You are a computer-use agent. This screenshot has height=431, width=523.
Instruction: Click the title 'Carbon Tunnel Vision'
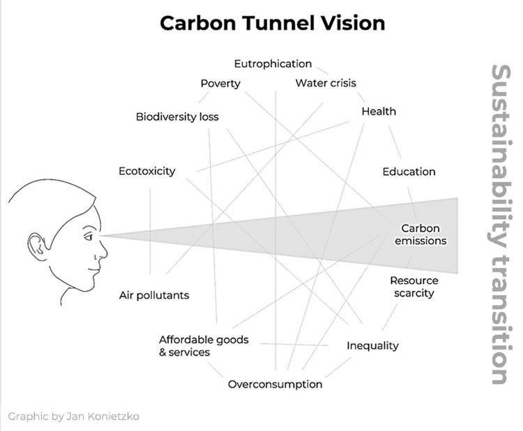272,23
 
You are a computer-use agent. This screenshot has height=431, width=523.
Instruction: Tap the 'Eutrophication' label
273,63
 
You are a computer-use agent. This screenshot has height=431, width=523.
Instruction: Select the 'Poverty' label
220,84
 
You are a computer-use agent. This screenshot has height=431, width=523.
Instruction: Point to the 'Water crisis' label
326,83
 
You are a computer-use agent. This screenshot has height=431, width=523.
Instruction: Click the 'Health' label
379,111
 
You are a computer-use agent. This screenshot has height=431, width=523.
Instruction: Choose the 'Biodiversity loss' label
177,116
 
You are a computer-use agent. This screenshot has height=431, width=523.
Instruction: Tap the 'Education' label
409,172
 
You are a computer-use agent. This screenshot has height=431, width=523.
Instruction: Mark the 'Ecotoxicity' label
147,171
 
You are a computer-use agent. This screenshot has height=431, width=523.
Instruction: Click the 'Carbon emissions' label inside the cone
420,234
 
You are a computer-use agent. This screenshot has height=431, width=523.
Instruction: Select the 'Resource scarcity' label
414,287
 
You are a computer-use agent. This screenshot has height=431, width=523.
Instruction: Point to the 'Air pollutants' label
154,295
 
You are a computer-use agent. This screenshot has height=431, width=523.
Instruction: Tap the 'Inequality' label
372,345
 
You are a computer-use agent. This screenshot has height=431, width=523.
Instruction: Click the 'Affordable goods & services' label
203,346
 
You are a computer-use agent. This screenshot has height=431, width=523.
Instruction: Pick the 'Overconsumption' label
275,384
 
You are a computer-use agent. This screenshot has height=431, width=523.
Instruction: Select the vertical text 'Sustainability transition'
500,225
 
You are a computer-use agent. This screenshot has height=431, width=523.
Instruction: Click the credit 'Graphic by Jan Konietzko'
74,416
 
